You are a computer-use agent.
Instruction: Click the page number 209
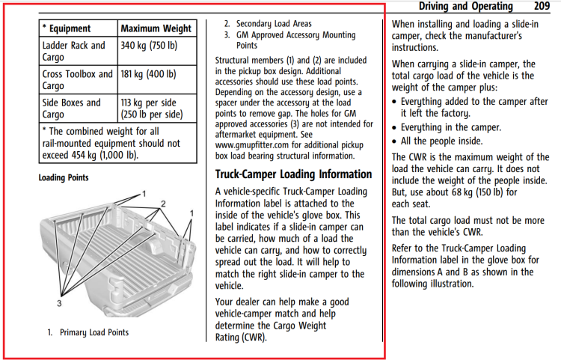pyautogui.click(x=542, y=6)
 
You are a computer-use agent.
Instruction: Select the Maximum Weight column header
pyautogui.click(x=157, y=28)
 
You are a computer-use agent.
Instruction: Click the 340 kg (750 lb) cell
pyautogui.click(x=157, y=51)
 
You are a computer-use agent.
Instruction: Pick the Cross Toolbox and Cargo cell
pyautogui.click(x=79, y=79)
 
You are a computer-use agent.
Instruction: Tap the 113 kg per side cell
pyautogui.click(x=157, y=108)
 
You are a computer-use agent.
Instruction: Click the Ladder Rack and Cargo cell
pyautogui.click(x=79, y=51)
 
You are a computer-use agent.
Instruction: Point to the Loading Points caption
pyautogui.click(x=64, y=177)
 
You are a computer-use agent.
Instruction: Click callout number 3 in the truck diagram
pyautogui.click(x=59, y=303)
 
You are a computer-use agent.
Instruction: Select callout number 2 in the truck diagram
pyautogui.click(x=163, y=204)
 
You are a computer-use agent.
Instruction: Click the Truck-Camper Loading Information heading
pyautogui.click(x=293, y=174)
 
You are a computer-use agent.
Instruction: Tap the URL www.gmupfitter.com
pyautogui.click(x=252, y=145)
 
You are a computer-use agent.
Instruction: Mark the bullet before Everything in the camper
pyautogui.click(x=394, y=128)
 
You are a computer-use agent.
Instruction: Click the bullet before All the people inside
pyautogui.click(x=394, y=141)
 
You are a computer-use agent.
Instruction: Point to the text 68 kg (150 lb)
pyautogui.click(x=477, y=192)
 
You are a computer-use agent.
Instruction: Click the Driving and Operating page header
pyautogui.click(x=466, y=6)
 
